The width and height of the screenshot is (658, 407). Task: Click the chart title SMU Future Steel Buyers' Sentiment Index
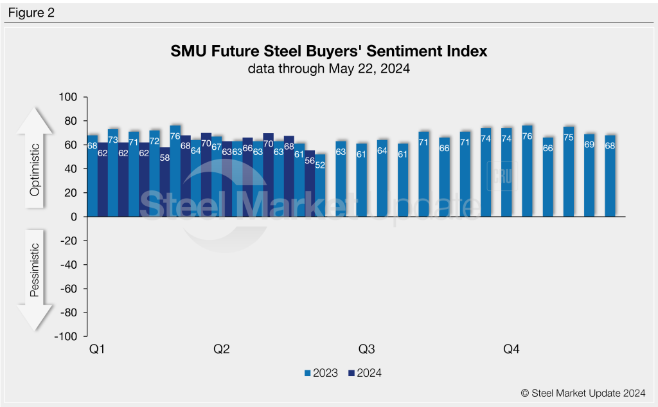pyautogui.click(x=328, y=51)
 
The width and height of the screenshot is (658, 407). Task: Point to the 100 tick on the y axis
pyautogui.click(x=69, y=97)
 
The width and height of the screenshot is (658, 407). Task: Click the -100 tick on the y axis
pyautogui.click(x=67, y=336)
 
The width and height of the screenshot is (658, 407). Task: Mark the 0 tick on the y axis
pyautogui.click(x=74, y=217)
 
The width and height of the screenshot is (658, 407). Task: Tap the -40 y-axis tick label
pyautogui.click(x=69, y=265)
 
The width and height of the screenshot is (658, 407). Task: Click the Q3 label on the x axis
pyautogui.click(x=366, y=350)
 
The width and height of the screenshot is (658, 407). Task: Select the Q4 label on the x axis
pyautogui.click(x=511, y=350)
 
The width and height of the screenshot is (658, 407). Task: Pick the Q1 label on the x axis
pyautogui.click(x=97, y=350)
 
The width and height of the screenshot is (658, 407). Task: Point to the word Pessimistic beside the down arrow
pyautogui.click(x=35, y=270)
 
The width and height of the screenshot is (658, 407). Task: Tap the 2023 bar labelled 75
pyautogui.click(x=568, y=172)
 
